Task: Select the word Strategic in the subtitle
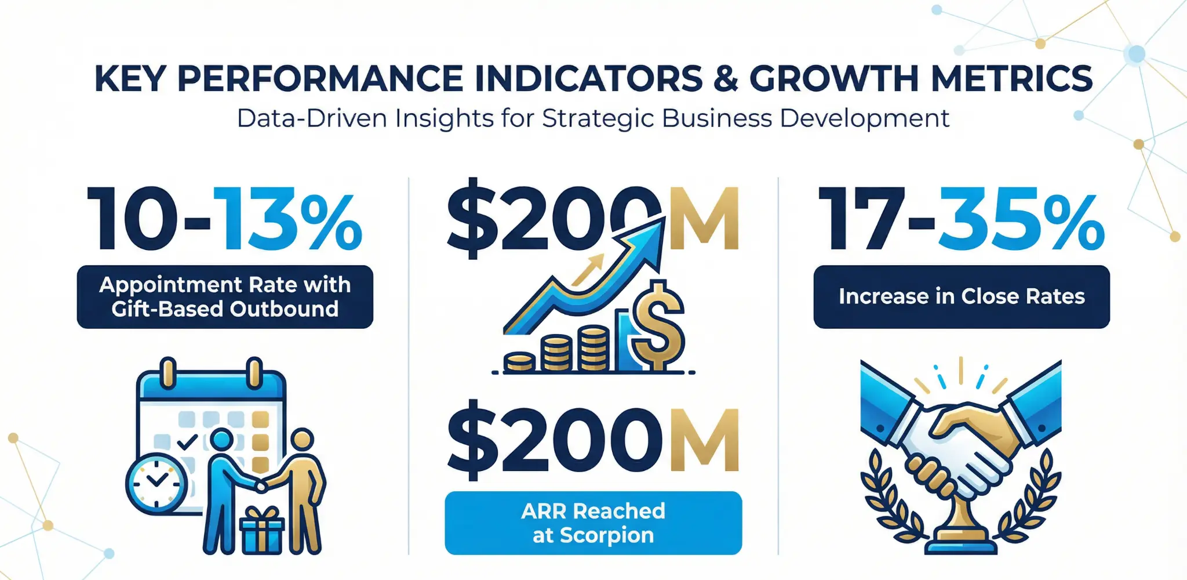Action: [599, 118]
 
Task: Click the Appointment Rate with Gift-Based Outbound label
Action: [225, 297]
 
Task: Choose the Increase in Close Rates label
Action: [962, 297]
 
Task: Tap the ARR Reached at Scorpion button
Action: [593, 523]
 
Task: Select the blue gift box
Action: [262, 529]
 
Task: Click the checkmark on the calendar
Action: [187, 443]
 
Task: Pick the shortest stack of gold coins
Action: [519, 362]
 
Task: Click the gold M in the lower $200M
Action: [705, 441]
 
